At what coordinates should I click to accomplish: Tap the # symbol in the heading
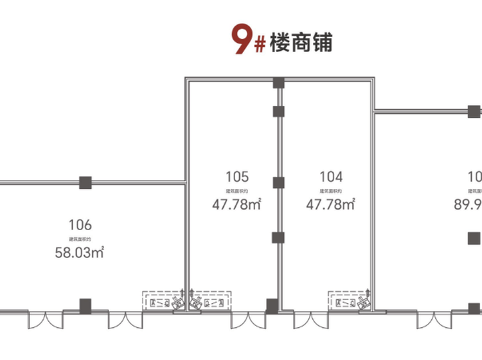click(258, 45)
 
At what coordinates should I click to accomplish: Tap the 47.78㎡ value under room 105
click(237, 205)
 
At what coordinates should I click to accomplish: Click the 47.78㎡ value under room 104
click(331, 205)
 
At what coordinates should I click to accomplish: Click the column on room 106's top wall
click(85, 183)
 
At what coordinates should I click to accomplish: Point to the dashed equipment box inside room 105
click(210, 300)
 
